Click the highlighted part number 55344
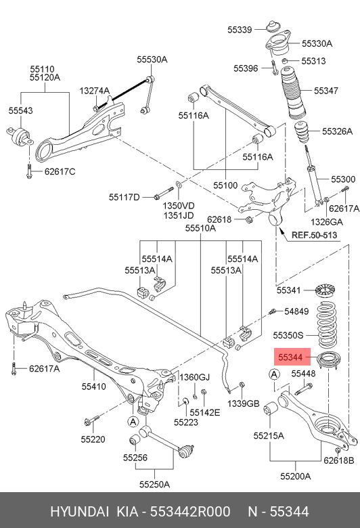pyautogui.click(x=289, y=357)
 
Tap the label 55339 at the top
pyautogui.click(x=240, y=30)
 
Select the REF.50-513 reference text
pyautogui.click(x=314, y=235)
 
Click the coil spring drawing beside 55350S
pyautogui.click(x=327, y=324)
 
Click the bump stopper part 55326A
pyautogui.click(x=302, y=133)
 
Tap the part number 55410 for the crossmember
pyautogui.click(x=93, y=387)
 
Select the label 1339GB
pyautogui.click(x=244, y=403)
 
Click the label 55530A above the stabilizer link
pyautogui.click(x=152, y=60)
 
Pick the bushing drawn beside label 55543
pyautogui.click(x=20, y=136)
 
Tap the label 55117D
pyautogui.click(x=124, y=197)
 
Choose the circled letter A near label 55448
pyautogui.click(x=275, y=374)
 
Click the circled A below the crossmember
pyautogui.click(x=133, y=422)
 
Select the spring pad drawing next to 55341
pyautogui.click(x=325, y=290)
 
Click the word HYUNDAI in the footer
pyautogui.click(x=79, y=512)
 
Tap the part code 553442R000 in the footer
pyautogui.click(x=190, y=512)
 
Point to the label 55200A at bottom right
pyautogui.click(x=295, y=476)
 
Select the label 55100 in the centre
pyautogui.click(x=225, y=185)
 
